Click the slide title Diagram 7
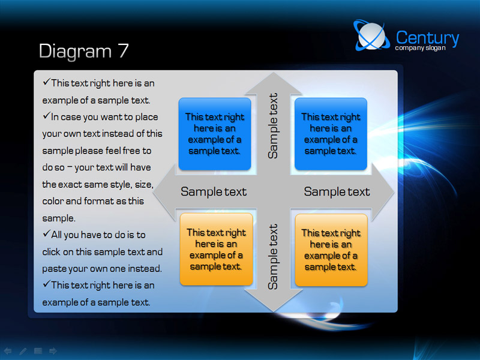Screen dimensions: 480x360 pos(83,51)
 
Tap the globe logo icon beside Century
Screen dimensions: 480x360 pos(371,35)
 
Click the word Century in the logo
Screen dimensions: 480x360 pos(427,38)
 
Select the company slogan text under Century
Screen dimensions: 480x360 pos(420,48)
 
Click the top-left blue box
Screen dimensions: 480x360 pos(215,134)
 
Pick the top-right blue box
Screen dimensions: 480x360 pos(331,134)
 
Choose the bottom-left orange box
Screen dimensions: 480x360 pos(217,249)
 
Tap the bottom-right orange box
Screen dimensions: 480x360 pos(331,250)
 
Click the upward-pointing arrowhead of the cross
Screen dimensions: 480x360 pos(274,83)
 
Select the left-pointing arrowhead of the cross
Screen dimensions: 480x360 pos(164,192)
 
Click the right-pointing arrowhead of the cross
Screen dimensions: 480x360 pos(383,192)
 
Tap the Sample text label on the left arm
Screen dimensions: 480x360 pos(214,192)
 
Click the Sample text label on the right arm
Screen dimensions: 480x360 pos(337,192)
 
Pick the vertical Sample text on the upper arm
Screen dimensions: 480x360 pos(273,126)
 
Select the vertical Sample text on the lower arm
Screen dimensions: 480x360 pos(273,257)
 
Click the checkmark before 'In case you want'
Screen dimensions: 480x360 pos(47,115)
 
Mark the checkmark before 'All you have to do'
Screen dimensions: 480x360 pos(47,233)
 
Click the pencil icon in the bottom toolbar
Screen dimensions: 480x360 pos(23,351)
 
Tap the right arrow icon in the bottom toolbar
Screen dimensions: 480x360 pos(53,351)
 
